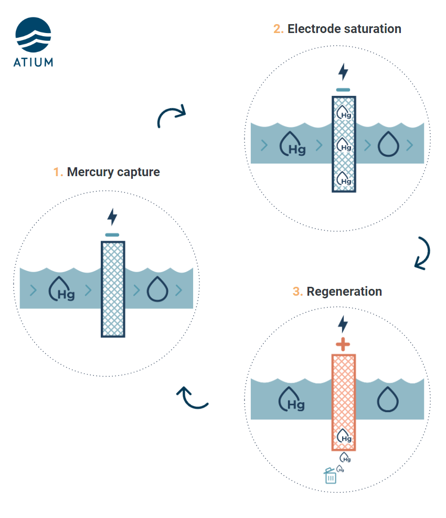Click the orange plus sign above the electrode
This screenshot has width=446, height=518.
(343, 344)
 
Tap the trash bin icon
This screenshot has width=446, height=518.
(330, 475)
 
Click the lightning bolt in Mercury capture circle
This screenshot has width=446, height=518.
(112, 217)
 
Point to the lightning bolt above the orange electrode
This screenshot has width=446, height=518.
(343, 324)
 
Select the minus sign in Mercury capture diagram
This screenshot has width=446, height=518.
(112, 234)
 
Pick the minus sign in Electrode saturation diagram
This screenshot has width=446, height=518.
(343, 90)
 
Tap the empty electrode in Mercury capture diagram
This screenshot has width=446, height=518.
(113, 289)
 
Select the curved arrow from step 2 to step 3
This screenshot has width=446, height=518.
(422, 253)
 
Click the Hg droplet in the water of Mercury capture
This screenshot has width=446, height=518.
(61, 289)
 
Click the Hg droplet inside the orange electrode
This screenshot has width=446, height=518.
(344, 436)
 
